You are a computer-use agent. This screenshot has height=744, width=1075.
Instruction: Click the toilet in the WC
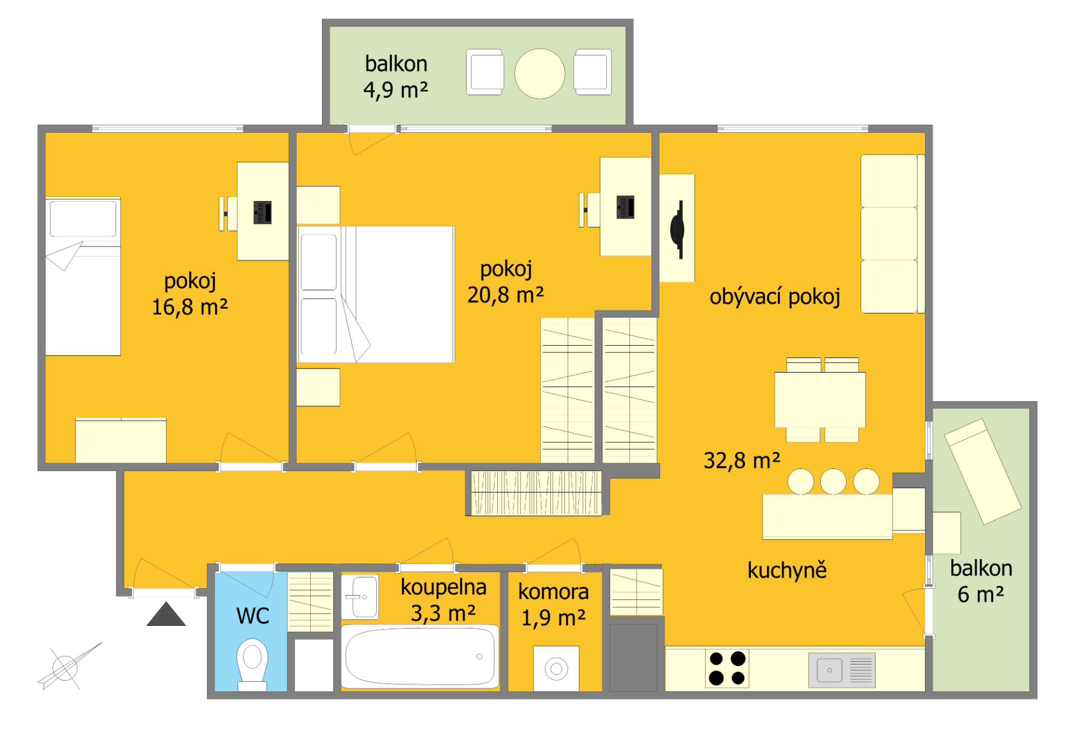pos(252,665)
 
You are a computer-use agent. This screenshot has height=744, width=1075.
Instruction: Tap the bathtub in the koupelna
pos(420,657)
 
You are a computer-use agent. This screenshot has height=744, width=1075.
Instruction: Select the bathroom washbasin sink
pos(360,597)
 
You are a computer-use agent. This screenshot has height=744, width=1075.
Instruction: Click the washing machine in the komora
pos(556,668)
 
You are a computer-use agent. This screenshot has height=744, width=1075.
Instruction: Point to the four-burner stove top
pos(727,668)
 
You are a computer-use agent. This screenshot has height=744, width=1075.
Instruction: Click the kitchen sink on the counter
pos(842,670)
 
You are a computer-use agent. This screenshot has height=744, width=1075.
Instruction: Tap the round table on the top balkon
pos(540,73)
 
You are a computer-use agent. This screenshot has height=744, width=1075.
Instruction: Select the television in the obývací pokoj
pos(678,229)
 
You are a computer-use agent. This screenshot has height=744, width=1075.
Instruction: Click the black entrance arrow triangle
pos(166,615)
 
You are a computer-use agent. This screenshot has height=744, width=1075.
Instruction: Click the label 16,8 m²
pos(190,307)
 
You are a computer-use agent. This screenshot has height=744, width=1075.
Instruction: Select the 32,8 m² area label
pos(742,461)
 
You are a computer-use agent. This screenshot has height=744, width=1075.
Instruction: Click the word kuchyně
pos(787,570)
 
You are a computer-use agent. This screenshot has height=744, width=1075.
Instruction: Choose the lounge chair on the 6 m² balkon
pos(983,471)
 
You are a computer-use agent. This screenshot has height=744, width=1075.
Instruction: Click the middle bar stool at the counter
pos(833,481)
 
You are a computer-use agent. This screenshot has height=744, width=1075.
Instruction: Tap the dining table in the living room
pos(820,399)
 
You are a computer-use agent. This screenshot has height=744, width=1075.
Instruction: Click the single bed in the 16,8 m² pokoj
pos(83,276)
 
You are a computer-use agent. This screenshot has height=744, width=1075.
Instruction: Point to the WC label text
pos(253,616)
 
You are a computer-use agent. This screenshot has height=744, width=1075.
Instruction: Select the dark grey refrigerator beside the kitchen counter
pos(633,658)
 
